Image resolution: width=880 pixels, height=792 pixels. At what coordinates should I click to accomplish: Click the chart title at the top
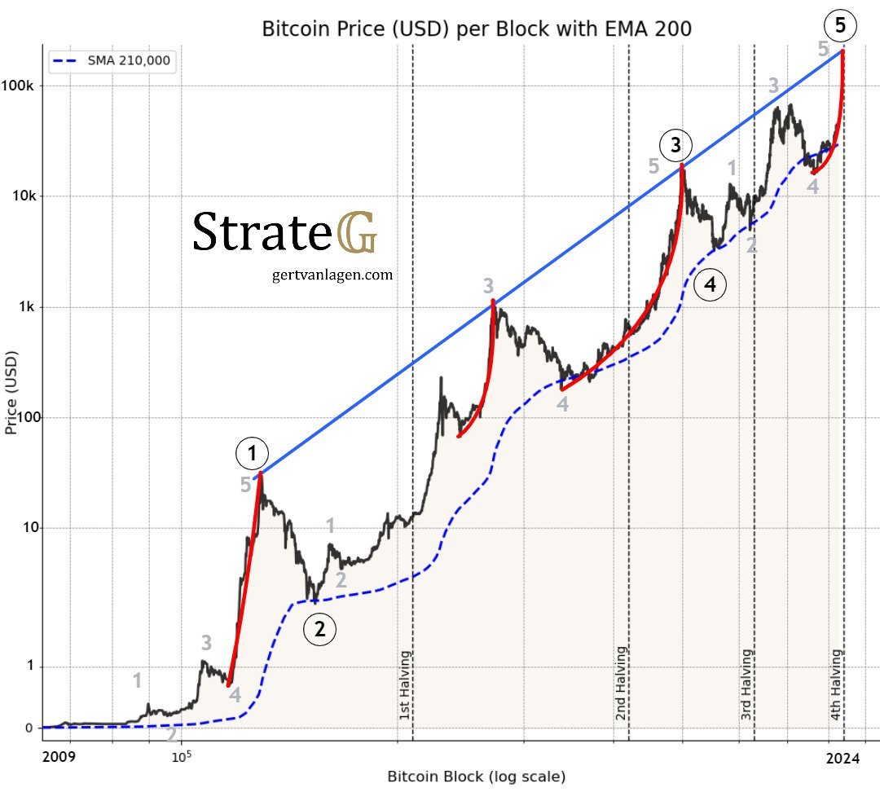476,29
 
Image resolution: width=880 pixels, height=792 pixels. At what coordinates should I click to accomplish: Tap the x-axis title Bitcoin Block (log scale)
476,777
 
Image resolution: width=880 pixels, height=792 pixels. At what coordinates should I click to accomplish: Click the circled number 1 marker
252,452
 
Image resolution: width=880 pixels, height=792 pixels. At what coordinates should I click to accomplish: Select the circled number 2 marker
319,629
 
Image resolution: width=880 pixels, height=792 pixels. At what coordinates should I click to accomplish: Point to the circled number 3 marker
675,146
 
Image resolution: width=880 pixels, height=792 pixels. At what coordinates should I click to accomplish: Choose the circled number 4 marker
710,285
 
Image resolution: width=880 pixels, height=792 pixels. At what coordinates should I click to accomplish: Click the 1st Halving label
406,684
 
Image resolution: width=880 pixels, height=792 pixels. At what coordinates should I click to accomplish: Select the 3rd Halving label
747,684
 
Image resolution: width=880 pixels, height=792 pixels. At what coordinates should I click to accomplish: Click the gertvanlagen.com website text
332,275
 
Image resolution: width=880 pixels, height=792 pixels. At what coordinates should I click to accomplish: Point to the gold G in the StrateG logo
356,232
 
